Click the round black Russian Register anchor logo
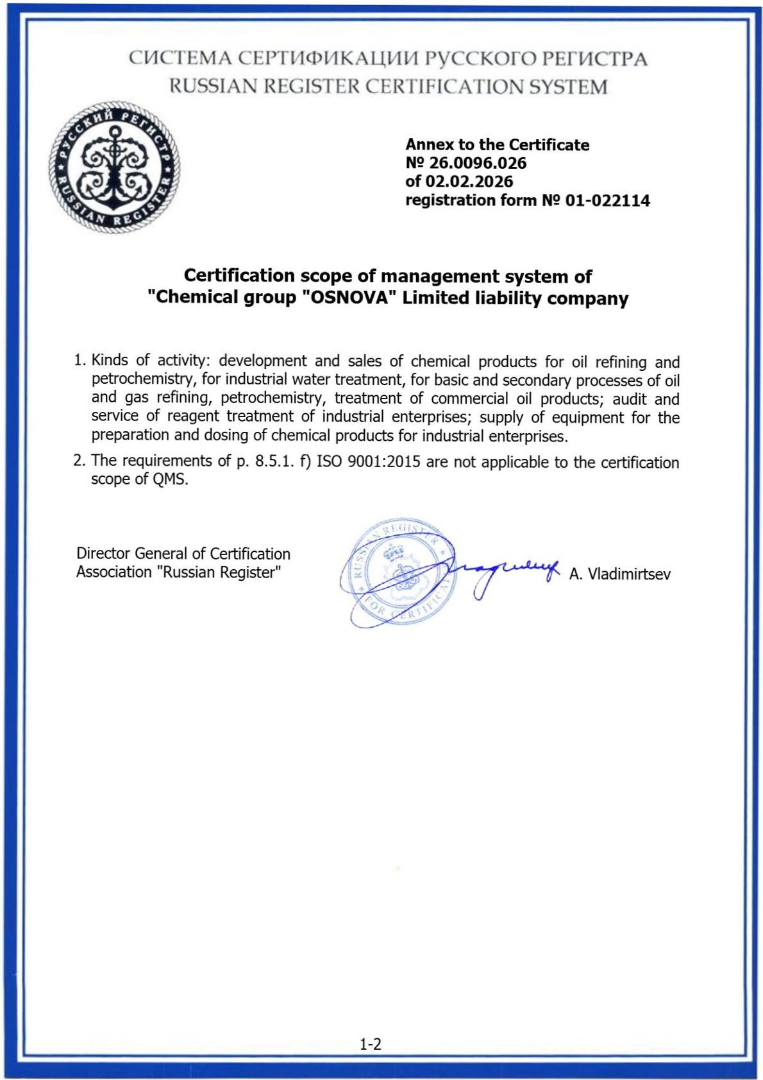114,167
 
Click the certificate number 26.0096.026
478,163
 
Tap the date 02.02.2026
469,182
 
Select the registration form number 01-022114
607,201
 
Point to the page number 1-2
371,1044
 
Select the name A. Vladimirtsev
619,574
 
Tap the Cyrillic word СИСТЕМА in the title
180,58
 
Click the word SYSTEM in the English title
568,87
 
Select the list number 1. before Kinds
80,360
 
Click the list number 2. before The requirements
80,460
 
